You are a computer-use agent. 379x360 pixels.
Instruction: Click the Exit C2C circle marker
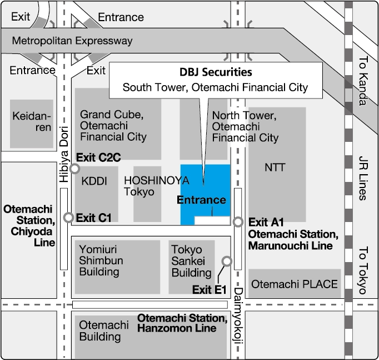click(x=74, y=168)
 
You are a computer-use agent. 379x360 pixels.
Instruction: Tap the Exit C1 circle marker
click(x=69, y=218)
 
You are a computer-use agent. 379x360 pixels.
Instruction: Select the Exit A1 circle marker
click(x=238, y=221)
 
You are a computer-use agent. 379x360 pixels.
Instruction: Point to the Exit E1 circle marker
click(x=226, y=260)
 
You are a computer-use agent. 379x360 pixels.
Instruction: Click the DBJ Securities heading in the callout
click(x=216, y=72)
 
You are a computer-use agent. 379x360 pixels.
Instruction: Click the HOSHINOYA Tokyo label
click(x=157, y=186)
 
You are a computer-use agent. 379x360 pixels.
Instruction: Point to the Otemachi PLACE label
click(x=295, y=284)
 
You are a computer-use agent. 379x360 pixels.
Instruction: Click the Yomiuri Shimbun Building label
click(x=101, y=260)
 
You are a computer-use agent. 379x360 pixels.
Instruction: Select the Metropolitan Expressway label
click(x=72, y=41)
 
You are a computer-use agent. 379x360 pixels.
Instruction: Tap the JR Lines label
click(x=363, y=177)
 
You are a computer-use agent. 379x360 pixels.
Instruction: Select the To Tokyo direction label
click(x=363, y=270)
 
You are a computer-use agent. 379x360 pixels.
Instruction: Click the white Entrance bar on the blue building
click(x=212, y=220)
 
